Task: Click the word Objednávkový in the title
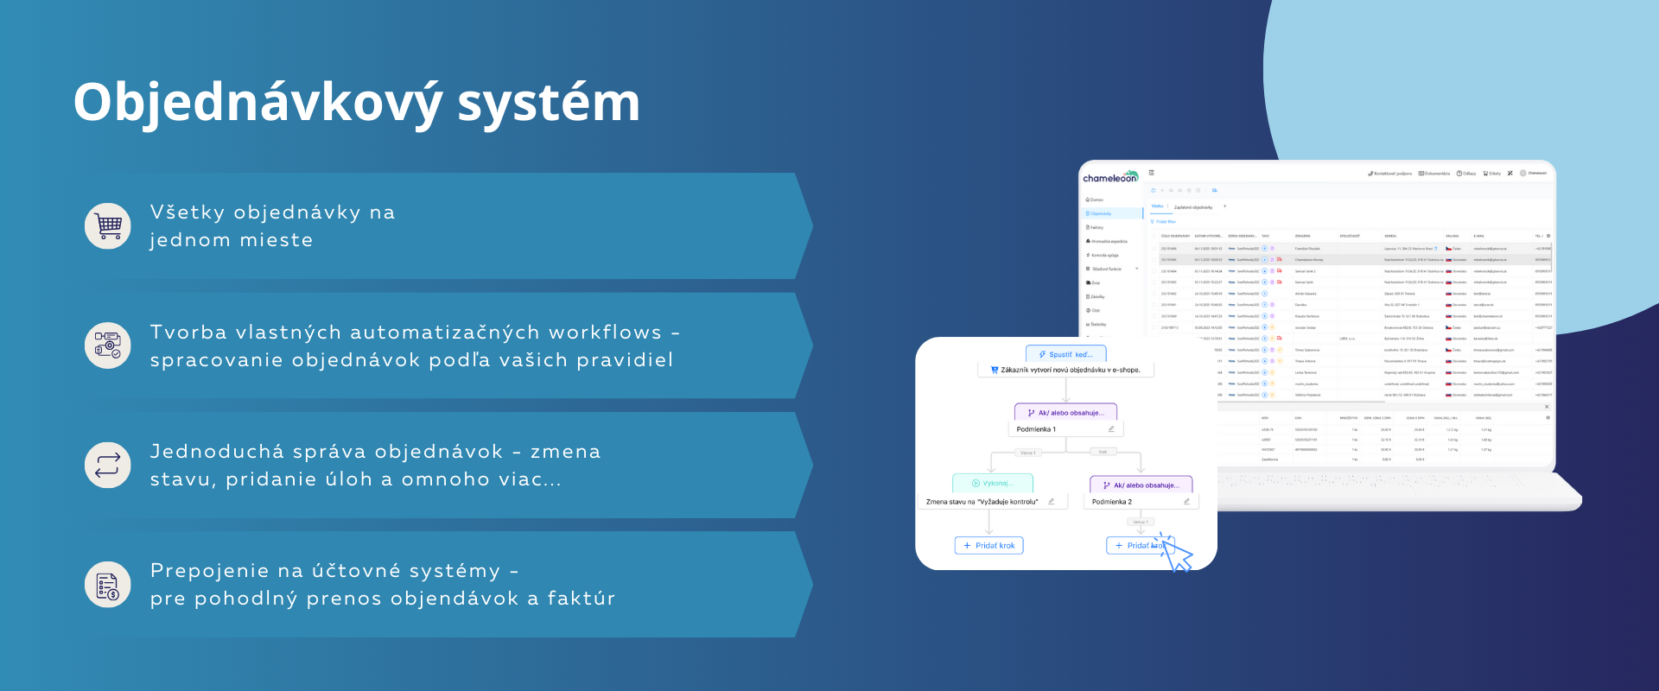click(257, 103)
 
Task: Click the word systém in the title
click(549, 103)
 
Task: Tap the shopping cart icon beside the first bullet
click(108, 226)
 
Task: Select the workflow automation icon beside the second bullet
click(108, 345)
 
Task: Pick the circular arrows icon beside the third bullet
click(108, 466)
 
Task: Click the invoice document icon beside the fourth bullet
click(108, 585)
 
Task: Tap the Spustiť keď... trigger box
click(1065, 354)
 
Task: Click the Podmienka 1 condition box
click(1065, 429)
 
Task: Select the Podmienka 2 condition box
click(1141, 502)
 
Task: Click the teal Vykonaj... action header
click(992, 484)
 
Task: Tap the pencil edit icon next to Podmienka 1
click(1111, 429)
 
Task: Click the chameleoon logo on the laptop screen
click(1110, 177)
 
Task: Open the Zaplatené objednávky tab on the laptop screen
click(1192, 207)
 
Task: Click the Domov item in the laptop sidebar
click(1096, 200)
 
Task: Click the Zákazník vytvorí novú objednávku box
click(1065, 370)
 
